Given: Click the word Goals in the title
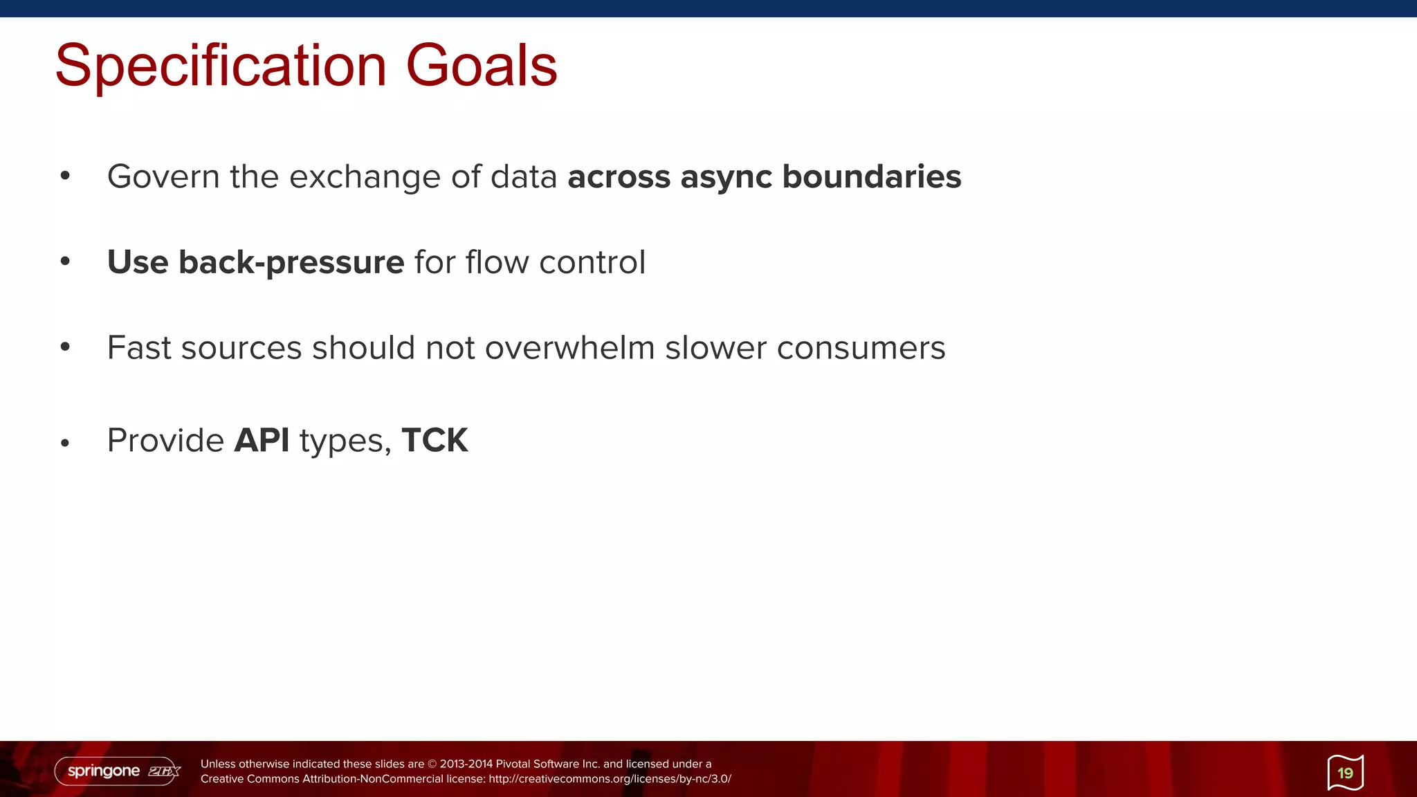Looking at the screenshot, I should point(482,66).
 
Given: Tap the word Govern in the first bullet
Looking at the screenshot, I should point(163,176).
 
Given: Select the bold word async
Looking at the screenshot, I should point(726,177).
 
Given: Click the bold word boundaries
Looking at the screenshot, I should point(871,176).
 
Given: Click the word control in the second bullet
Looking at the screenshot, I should point(592,262).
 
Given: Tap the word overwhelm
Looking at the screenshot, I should point(569,347).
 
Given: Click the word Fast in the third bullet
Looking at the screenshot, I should point(139,347).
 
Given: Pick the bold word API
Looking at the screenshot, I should point(262,440).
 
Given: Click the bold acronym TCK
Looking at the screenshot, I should point(435,440).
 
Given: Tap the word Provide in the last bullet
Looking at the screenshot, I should point(165,440).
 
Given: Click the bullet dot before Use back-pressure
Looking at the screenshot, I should point(65,262).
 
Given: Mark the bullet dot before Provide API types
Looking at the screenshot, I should point(65,443).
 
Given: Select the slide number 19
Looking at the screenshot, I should point(1345,773).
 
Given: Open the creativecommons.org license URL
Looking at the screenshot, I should point(610,779).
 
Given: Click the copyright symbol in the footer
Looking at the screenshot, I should point(432,764).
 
